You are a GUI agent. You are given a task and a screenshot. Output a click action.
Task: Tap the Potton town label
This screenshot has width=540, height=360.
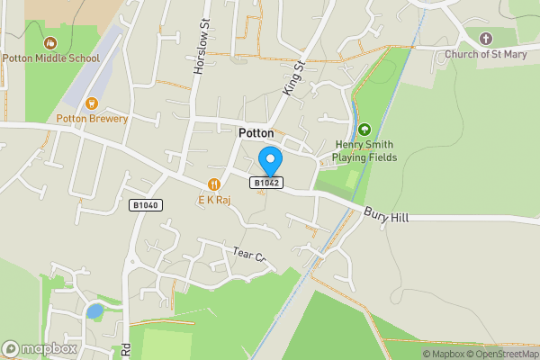pyautogui.click(x=256, y=132)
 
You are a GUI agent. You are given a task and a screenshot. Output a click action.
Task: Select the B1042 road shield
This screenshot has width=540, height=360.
pyautogui.click(x=267, y=183)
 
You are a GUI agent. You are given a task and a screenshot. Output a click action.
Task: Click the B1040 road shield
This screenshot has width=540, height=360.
pyautogui.click(x=144, y=205)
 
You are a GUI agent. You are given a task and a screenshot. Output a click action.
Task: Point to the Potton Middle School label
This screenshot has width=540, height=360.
pyautogui.click(x=50, y=58)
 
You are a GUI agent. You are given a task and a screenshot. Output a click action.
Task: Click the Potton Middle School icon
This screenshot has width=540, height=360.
pyautogui.click(x=50, y=42)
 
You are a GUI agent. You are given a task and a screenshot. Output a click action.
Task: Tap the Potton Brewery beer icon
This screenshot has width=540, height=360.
pyautogui.click(x=92, y=103)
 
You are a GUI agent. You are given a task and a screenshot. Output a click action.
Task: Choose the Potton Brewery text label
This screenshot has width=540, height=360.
pyautogui.click(x=92, y=119)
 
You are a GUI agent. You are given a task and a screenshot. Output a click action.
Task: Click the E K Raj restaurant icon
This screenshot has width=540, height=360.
pyautogui.click(x=214, y=184)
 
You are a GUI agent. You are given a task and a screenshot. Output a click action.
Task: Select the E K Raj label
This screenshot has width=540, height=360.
pyautogui.click(x=214, y=200)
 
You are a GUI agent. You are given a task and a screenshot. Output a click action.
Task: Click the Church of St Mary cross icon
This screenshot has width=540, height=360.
pyautogui.click(x=486, y=39)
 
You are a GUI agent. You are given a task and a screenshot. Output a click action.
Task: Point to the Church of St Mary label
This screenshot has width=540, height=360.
pyautogui.click(x=486, y=54)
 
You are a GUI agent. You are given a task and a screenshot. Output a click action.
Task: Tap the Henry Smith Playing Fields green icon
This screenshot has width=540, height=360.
pyautogui.click(x=364, y=130)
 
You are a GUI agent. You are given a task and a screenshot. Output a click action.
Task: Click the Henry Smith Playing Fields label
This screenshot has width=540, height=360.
pyautogui.click(x=364, y=150)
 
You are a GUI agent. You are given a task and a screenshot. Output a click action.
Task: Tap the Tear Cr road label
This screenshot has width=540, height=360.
pyautogui.click(x=250, y=256)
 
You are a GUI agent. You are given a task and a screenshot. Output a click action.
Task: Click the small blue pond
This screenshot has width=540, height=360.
pyautogui.click(x=94, y=311)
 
